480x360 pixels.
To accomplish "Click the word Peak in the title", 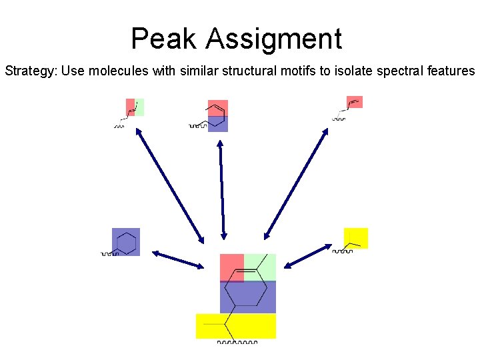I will (163, 39).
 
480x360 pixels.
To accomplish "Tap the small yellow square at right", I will (356, 238).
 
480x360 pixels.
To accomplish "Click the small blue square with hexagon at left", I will (126, 242).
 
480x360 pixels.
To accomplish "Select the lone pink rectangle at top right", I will (355, 102).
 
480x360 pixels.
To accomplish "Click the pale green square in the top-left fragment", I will (139, 107).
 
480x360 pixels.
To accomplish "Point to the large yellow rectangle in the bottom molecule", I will (235, 326).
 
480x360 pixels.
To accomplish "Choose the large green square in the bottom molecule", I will (260, 267).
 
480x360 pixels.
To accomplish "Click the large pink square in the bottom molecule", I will (232, 267).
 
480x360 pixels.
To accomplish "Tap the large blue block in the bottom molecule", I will (248, 297).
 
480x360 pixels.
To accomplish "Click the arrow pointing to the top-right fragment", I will (296, 183).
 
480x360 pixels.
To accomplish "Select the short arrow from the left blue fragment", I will (178, 259).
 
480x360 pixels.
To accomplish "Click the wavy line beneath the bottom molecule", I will (237, 343).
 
